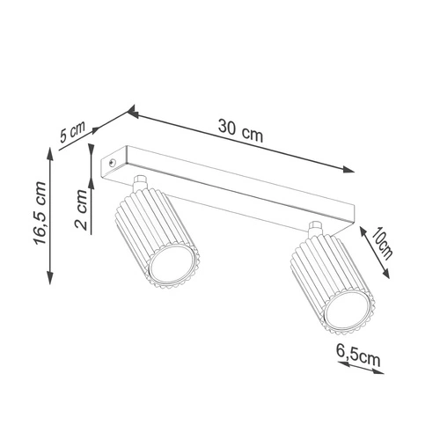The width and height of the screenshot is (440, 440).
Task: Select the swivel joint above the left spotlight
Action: point(140,183)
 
